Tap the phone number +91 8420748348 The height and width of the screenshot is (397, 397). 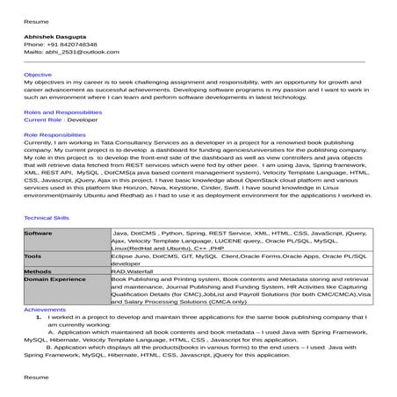tap(69, 43)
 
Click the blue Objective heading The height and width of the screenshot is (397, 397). tap(38, 76)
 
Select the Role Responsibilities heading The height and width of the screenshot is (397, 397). tap(55, 134)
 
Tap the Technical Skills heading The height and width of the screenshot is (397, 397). tap(49, 216)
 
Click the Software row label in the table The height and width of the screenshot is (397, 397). tap(40, 233)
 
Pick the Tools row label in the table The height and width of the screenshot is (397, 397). tap(32, 256)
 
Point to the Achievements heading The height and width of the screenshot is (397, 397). tap(44, 310)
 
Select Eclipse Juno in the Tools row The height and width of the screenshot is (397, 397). tap(133, 256)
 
